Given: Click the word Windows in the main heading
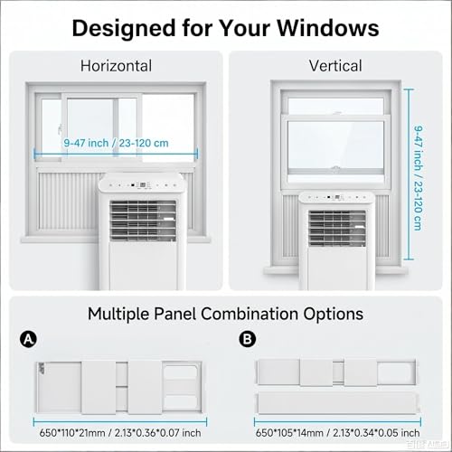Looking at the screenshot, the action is (328, 28).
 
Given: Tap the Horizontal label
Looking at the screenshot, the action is (116, 66).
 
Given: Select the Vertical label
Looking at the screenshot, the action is (335, 66).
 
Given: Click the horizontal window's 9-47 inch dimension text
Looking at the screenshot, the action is (116, 143).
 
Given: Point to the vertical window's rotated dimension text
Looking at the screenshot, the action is (418, 178).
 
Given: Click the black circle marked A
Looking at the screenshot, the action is (28, 340).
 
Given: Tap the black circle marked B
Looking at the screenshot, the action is (248, 339).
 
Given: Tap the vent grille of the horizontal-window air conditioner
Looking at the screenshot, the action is (143, 221).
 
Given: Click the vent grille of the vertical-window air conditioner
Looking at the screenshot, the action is (337, 228).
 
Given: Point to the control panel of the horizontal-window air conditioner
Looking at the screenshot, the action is (142, 184).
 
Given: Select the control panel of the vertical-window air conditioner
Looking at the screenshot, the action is (337, 198).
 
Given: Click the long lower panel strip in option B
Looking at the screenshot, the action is (337, 403).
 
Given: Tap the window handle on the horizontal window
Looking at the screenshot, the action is (61, 129).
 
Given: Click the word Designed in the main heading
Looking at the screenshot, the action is (124, 29).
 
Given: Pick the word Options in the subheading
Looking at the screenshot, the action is (333, 315).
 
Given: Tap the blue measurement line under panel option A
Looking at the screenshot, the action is (120, 422).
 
